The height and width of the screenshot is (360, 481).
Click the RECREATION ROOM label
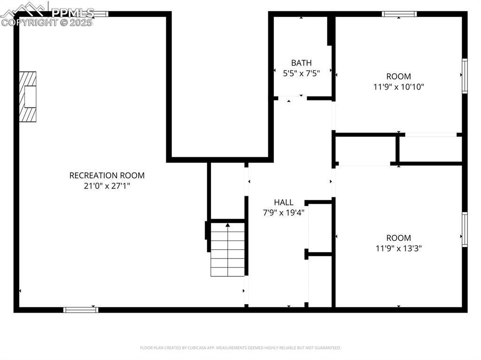tap(107, 176)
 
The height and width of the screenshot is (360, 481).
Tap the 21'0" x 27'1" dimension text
tap(107, 186)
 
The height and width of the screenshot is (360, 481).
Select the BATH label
tap(301, 63)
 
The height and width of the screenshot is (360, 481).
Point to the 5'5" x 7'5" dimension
tap(301, 73)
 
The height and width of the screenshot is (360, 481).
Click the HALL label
tap(284, 202)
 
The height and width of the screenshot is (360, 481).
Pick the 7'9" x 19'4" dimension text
tap(284, 213)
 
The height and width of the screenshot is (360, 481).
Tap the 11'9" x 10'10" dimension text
tap(398, 87)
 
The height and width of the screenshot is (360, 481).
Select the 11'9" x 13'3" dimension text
tap(398, 248)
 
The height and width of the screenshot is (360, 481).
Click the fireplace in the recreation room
tap(28, 97)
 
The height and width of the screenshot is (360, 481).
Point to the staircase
tap(228, 250)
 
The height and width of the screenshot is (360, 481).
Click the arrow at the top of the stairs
tap(228, 225)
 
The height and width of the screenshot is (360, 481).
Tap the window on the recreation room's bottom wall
tap(81, 309)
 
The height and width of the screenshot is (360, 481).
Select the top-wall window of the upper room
tap(399, 14)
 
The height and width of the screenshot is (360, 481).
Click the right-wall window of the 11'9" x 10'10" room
tap(465, 76)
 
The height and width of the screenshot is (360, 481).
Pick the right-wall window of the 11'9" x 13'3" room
tap(465, 229)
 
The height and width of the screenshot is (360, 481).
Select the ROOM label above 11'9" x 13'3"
tap(398, 238)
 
